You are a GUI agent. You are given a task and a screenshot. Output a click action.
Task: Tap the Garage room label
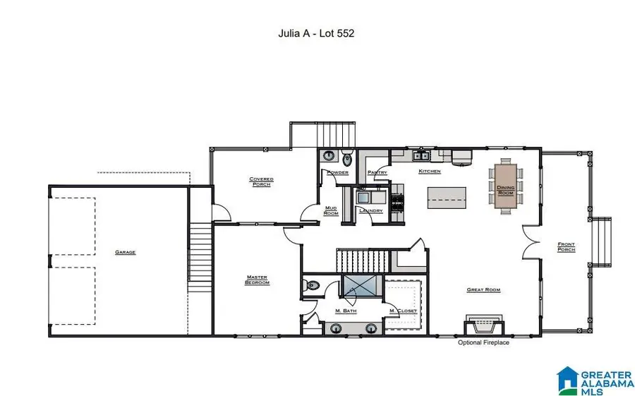(x=126, y=252)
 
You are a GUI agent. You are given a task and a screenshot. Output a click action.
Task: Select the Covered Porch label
(x=261, y=182)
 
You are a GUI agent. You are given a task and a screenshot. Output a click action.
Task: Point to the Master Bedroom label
(x=258, y=280)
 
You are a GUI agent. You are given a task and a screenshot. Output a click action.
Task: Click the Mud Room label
(x=331, y=210)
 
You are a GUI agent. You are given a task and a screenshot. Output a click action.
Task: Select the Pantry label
(x=377, y=172)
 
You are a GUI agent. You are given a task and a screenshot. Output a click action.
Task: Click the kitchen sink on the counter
(x=423, y=156)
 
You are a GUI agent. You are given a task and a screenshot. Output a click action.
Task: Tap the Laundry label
(x=370, y=210)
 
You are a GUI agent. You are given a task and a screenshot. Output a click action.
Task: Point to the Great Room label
(x=483, y=289)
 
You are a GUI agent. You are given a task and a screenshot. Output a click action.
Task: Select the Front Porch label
(x=566, y=247)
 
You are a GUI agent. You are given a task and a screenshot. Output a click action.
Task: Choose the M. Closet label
(x=403, y=311)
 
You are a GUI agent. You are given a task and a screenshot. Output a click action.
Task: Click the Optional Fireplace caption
(x=483, y=342)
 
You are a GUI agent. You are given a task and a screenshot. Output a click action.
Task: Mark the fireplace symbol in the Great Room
(x=483, y=325)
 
